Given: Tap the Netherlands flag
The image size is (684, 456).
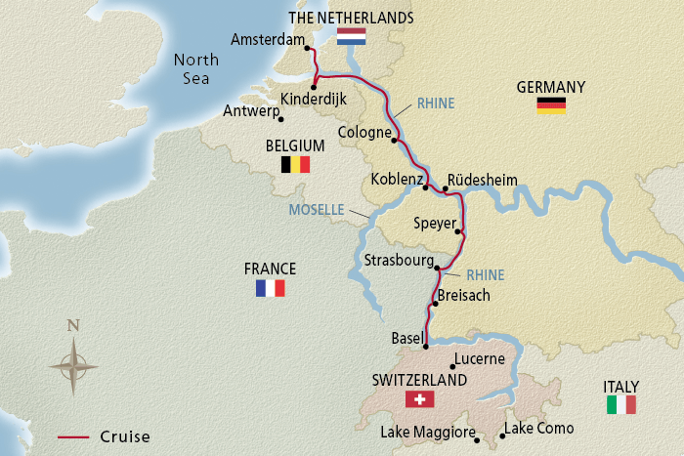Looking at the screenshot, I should pyautogui.click(x=351, y=37).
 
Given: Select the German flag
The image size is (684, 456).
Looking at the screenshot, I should pyautogui.click(x=551, y=105).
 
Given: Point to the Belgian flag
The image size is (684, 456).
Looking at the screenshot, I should pyautogui.click(x=295, y=164).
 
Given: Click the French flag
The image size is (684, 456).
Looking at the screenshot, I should pyautogui.click(x=270, y=288).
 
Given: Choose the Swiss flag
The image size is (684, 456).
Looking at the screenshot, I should pyautogui.click(x=419, y=399).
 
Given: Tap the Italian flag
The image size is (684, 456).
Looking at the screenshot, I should pyautogui.click(x=621, y=404).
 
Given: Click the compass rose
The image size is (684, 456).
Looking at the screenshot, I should pyautogui.click(x=73, y=365).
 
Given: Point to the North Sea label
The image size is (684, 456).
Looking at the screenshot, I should pyautogui.click(x=196, y=68).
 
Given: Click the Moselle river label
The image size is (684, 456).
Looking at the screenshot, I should pyautogui.click(x=317, y=210).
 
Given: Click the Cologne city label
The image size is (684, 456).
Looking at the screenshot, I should pyautogui.click(x=364, y=132).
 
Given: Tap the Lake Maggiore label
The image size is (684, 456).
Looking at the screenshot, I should pyautogui.click(x=429, y=433).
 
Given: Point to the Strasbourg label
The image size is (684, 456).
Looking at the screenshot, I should pyautogui.click(x=396, y=261).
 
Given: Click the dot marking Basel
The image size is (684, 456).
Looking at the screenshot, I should pyautogui.click(x=426, y=346).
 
